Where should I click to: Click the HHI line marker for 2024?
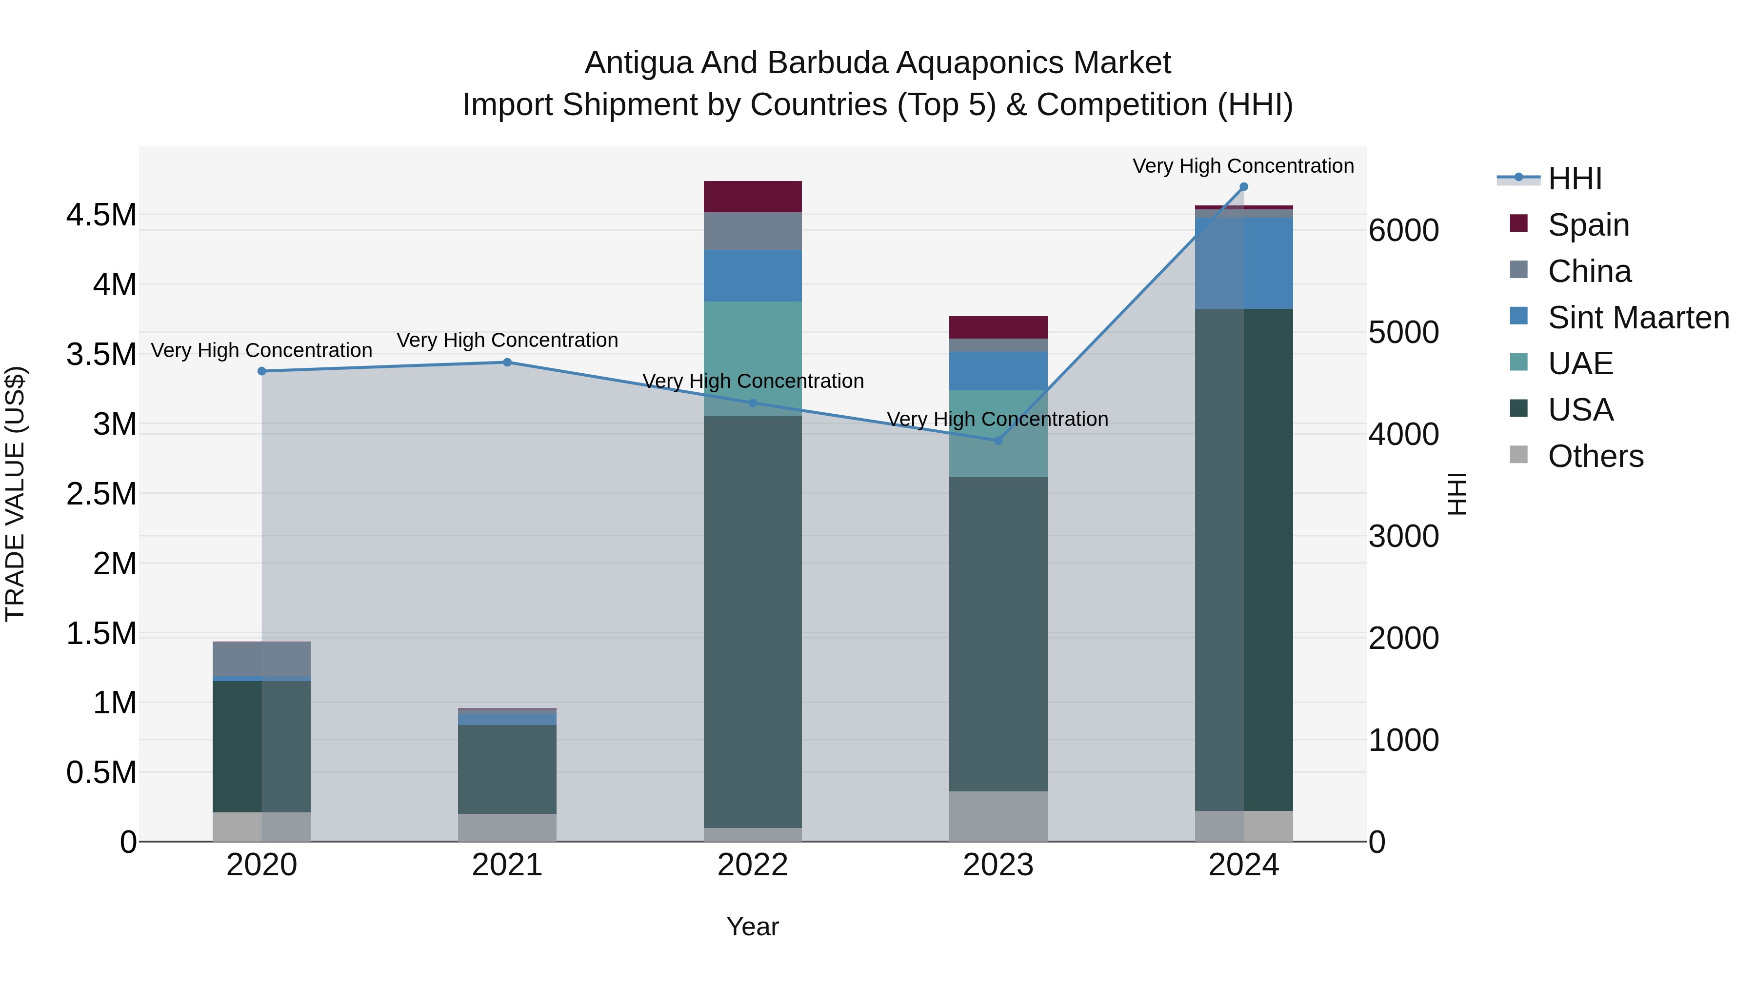coord(1243,187)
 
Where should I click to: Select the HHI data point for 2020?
coord(262,371)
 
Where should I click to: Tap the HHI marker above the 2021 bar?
coord(507,362)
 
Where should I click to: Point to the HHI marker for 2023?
coord(998,441)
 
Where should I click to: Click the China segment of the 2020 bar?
coord(262,659)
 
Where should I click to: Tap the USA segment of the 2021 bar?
coord(507,768)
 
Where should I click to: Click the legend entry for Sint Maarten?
coord(1638,318)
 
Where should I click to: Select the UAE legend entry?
coord(1580,363)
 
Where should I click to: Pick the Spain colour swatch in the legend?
coord(1519,223)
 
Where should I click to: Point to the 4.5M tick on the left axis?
coord(101,216)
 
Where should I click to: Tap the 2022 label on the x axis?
coord(753,865)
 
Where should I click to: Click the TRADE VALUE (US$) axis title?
coord(16,494)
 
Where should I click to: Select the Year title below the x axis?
coord(753,927)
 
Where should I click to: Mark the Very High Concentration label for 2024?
coord(1243,166)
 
